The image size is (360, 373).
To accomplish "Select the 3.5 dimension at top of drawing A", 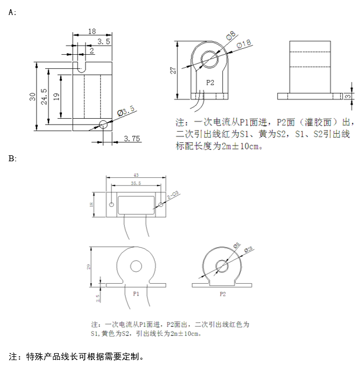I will tap(104, 41).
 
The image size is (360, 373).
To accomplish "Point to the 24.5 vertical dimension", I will tap(44, 96).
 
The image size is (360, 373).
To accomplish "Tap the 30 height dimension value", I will tap(32, 96).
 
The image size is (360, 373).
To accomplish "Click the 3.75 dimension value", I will tap(132, 139).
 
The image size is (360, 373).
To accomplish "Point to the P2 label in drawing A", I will tap(210, 83).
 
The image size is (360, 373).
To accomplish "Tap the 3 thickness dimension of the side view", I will tap(348, 96).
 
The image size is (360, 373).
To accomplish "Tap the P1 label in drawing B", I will tap(136, 294).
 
